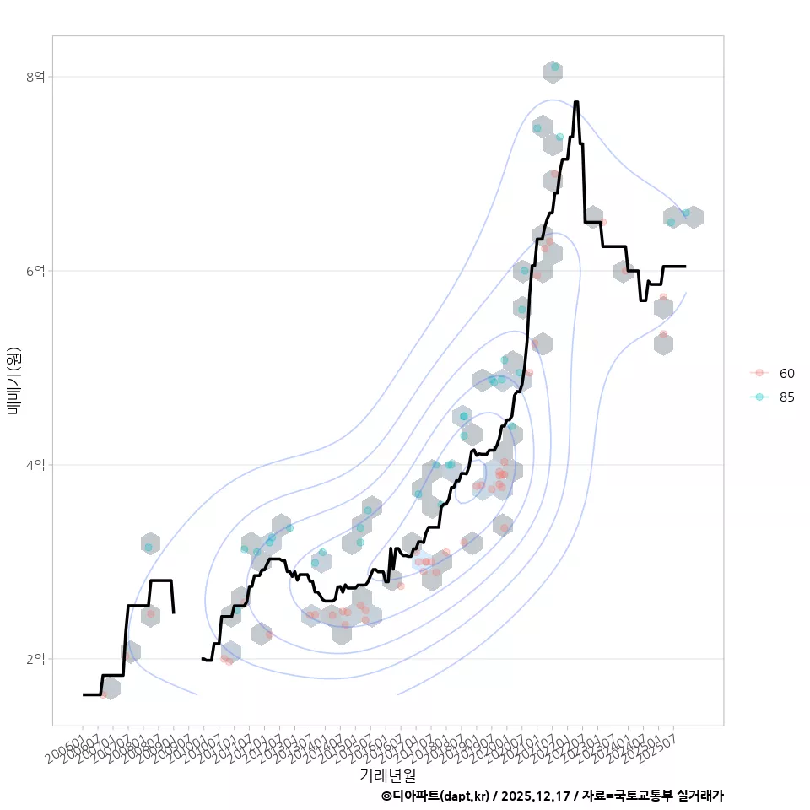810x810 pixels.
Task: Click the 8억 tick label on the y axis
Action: pyautogui.click(x=35, y=77)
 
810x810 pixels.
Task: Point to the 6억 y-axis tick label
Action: pyautogui.click(x=35, y=271)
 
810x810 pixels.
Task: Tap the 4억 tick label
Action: pyautogui.click(x=35, y=465)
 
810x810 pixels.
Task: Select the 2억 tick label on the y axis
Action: pyautogui.click(x=35, y=659)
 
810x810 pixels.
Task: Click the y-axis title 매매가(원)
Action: pyautogui.click(x=13, y=381)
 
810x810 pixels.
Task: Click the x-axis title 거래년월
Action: pyautogui.click(x=387, y=774)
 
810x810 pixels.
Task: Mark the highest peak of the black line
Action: pyautogui.click(x=576, y=102)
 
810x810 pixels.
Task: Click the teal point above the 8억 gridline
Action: pyautogui.click(x=554, y=67)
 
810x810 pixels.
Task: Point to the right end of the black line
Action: pyautogui.click(x=685, y=266)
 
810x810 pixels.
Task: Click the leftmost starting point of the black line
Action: pyautogui.click(x=84, y=694)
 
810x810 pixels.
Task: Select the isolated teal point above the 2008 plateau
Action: pyautogui.click(x=148, y=548)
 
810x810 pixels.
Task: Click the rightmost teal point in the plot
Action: pyautogui.click(x=686, y=213)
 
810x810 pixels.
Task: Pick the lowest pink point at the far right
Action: pyautogui.click(x=663, y=334)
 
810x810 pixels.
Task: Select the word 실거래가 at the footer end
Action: pyautogui.click(x=701, y=796)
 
